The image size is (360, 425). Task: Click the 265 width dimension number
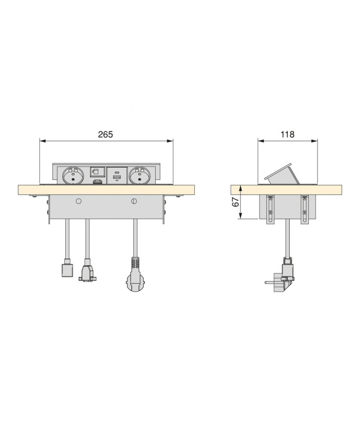click(x=105, y=134)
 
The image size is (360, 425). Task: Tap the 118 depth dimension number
click(x=288, y=134)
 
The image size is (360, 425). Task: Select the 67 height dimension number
click(x=236, y=201)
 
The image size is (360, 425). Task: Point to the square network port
click(x=97, y=172)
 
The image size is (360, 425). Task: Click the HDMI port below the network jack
click(x=97, y=182)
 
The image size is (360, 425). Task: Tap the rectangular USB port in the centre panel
click(x=117, y=177)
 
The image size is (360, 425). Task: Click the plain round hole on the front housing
click(x=79, y=201)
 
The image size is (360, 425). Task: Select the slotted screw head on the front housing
click(x=134, y=201)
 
